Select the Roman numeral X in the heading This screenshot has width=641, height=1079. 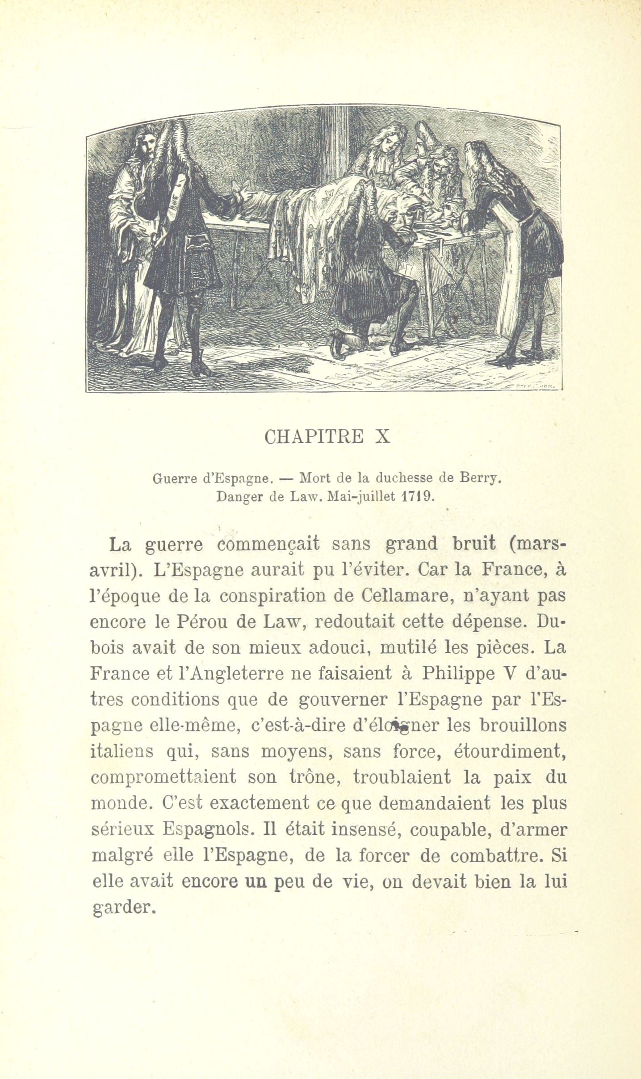pyautogui.click(x=383, y=437)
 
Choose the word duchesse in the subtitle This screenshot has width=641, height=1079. pyautogui.click(x=403, y=479)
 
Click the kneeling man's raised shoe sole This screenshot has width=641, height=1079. pyautogui.click(x=336, y=342)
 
